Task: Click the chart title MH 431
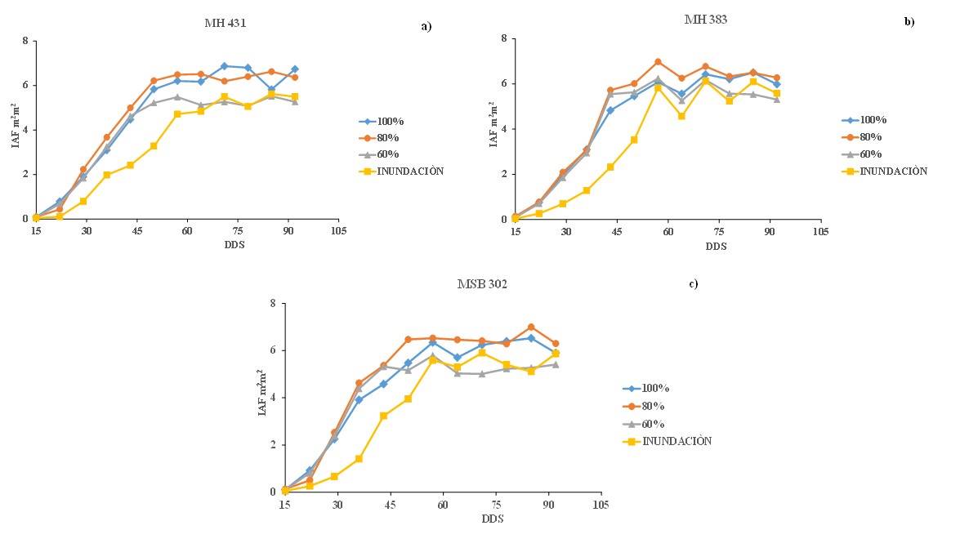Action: (225, 23)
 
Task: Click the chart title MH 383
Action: (705, 20)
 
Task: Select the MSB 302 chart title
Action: (482, 284)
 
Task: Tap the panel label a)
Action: (426, 26)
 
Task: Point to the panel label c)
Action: (693, 284)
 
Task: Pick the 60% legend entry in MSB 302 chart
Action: (654, 424)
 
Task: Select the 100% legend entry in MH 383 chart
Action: (872, 119)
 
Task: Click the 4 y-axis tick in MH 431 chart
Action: (25, 130)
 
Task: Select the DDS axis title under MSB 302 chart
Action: (492, 519)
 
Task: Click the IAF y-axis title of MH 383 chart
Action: (493, 124)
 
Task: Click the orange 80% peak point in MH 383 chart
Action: (658, 62)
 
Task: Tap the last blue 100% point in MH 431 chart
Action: (294, 69)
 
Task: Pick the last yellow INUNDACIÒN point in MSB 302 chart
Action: (556, 354)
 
